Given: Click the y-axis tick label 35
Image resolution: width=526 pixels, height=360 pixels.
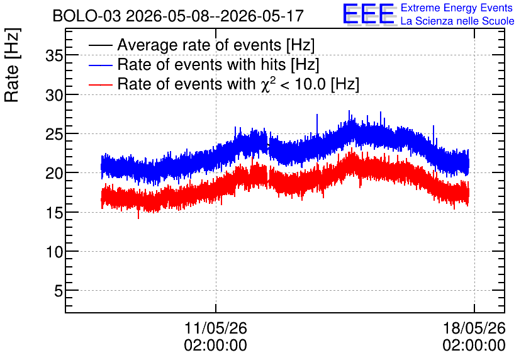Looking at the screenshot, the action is pos(54,55).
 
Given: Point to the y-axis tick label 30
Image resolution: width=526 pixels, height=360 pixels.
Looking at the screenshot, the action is pos(54,95).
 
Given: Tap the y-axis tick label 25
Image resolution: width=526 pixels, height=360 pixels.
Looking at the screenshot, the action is pos(54,134).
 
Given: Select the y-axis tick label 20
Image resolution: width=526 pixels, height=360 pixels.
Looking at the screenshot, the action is pos(54,174).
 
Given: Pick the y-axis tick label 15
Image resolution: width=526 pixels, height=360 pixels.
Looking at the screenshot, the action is pos(54,213).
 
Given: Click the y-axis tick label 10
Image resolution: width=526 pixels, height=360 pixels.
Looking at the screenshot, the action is pos(54,252).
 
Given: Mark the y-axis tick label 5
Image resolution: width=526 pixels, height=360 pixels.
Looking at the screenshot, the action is pos(59,291).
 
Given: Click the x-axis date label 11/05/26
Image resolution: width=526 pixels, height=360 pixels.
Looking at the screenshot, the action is pos(215,328).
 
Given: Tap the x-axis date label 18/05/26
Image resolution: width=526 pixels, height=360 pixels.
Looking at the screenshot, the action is pos(474,328).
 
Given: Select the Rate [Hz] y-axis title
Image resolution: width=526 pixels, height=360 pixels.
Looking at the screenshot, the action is pos(12,65).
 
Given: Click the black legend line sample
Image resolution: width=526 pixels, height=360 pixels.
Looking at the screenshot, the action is pos(100,45).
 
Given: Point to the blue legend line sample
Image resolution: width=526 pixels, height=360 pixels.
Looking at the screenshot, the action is pos(100,65).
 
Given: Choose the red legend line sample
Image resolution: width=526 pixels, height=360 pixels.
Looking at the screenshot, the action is pos(100,84).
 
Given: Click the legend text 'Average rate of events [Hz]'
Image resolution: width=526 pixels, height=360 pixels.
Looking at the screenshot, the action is pos(216,45).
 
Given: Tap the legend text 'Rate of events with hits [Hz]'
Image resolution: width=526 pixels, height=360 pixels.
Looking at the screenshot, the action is pos(218,64).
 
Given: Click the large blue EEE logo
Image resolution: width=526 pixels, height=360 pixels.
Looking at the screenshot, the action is pos(369,14).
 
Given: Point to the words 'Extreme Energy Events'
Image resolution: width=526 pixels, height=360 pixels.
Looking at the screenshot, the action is pos(457,8).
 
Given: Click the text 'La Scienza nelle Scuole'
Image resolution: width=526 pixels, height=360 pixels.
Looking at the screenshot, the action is pos(457,21).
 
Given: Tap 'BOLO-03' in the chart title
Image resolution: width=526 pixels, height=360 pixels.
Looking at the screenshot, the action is pos(87,16).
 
